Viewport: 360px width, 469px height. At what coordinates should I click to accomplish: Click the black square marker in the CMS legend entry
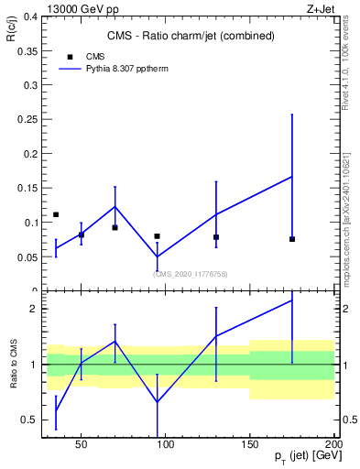[70, 57]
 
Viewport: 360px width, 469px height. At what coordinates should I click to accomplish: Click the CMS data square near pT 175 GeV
[292, 239]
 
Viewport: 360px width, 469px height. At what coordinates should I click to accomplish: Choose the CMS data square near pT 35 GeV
[56, 214]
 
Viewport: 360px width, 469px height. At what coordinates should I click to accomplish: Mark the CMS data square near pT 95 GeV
[158, 236]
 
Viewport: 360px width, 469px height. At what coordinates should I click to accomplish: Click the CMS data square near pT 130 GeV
[216, 237]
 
